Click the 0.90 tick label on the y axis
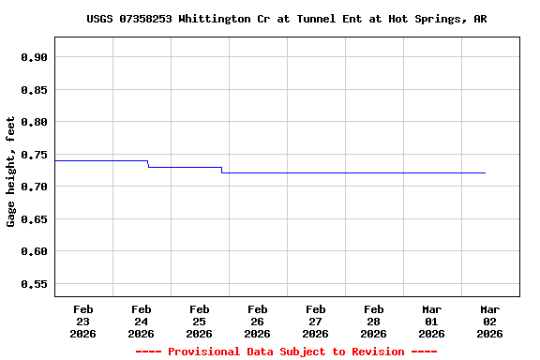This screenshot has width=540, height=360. [34, 57]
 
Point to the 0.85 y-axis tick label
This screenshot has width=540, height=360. [34, 90]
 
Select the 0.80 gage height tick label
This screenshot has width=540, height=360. [34, 122]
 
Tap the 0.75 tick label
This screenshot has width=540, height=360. [34, 155]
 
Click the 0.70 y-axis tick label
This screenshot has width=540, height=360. [34, 187]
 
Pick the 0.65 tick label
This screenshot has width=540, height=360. [34, 219]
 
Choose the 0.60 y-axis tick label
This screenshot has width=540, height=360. [34, 251]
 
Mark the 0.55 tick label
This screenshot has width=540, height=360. [34, 284]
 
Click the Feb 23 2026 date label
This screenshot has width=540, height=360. [82, 321]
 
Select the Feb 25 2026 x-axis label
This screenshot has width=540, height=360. [199, 321]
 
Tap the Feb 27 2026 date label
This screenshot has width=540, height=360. [315, 321]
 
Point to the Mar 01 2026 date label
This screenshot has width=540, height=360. [431, 321]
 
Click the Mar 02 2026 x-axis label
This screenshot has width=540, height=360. [489, 321]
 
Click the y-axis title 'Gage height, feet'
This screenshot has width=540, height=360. [11, 172]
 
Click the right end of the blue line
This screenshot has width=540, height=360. [485, 172]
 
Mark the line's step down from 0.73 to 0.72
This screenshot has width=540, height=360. [221, 170]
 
